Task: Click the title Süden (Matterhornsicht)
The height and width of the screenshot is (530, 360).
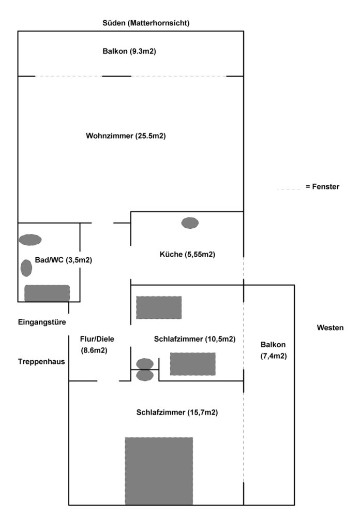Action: (146, 23)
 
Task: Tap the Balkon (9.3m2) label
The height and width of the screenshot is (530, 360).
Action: (129, 51)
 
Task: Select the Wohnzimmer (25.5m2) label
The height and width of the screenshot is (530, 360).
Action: (126, 136)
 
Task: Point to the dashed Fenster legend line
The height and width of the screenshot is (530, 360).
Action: (289, 188)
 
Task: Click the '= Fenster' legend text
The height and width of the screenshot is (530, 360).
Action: (323, 186)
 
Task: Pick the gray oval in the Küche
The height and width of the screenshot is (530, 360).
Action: (190, 223)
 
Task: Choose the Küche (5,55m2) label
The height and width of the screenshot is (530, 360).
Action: (187, 254)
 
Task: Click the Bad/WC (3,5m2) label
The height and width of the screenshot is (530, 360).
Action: (64, 260)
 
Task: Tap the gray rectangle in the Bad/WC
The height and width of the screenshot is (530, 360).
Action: (47, 293)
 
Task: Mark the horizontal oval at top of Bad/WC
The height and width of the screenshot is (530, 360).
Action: (30, 240)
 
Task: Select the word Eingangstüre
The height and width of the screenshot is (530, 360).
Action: (42, 322)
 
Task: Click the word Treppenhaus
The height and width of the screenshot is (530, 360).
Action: (41, 362)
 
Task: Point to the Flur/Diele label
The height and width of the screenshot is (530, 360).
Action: (97, 339)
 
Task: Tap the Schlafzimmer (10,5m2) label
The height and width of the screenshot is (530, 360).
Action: (194, 339)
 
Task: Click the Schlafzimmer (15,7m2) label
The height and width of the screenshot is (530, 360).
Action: (177, 413)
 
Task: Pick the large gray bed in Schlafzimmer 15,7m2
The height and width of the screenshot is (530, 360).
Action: (159, 471)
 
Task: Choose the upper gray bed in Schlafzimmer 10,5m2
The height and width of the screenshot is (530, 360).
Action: (159, 307)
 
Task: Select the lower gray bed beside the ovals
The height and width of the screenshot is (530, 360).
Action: (193, 364)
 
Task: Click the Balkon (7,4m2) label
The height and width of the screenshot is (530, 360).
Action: (274, 350)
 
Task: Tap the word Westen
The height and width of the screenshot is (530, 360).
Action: (331, 328)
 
